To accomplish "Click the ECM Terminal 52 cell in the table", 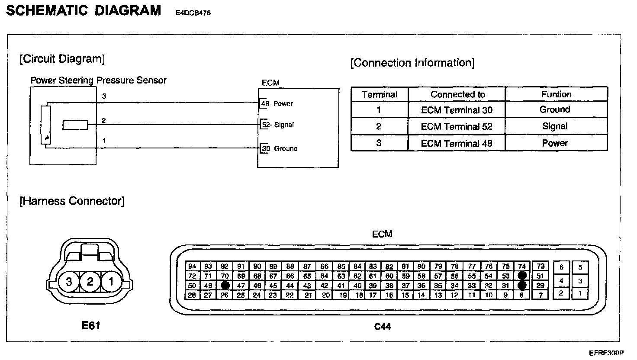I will click(x=457, y=126).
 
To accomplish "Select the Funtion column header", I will click(x=556, y=94).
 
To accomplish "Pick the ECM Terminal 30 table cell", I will click(x=457, y=110).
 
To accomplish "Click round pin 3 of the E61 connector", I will click(x=69, y=282).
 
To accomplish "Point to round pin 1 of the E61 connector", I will click(x=111, y=282).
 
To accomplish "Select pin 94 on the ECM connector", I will click(x=193, y=267).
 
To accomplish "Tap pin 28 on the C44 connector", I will click(x=193, y=295).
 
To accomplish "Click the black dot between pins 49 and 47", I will click(x=225, y=285).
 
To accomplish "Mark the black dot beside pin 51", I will click(x=522, y=276).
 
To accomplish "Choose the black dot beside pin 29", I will click(x=522, y=285).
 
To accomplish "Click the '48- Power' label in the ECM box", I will click(x=277, y=104).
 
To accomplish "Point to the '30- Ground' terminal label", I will click(x=280, y=148).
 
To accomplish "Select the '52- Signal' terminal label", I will click(x=278, y=125).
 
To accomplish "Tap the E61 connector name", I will click(x=91, y=325).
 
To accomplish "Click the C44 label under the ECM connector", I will click(x=383, y=327).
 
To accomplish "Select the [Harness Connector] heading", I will click(x=72, y=201).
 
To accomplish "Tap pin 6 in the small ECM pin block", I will click(x=561, y=267).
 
